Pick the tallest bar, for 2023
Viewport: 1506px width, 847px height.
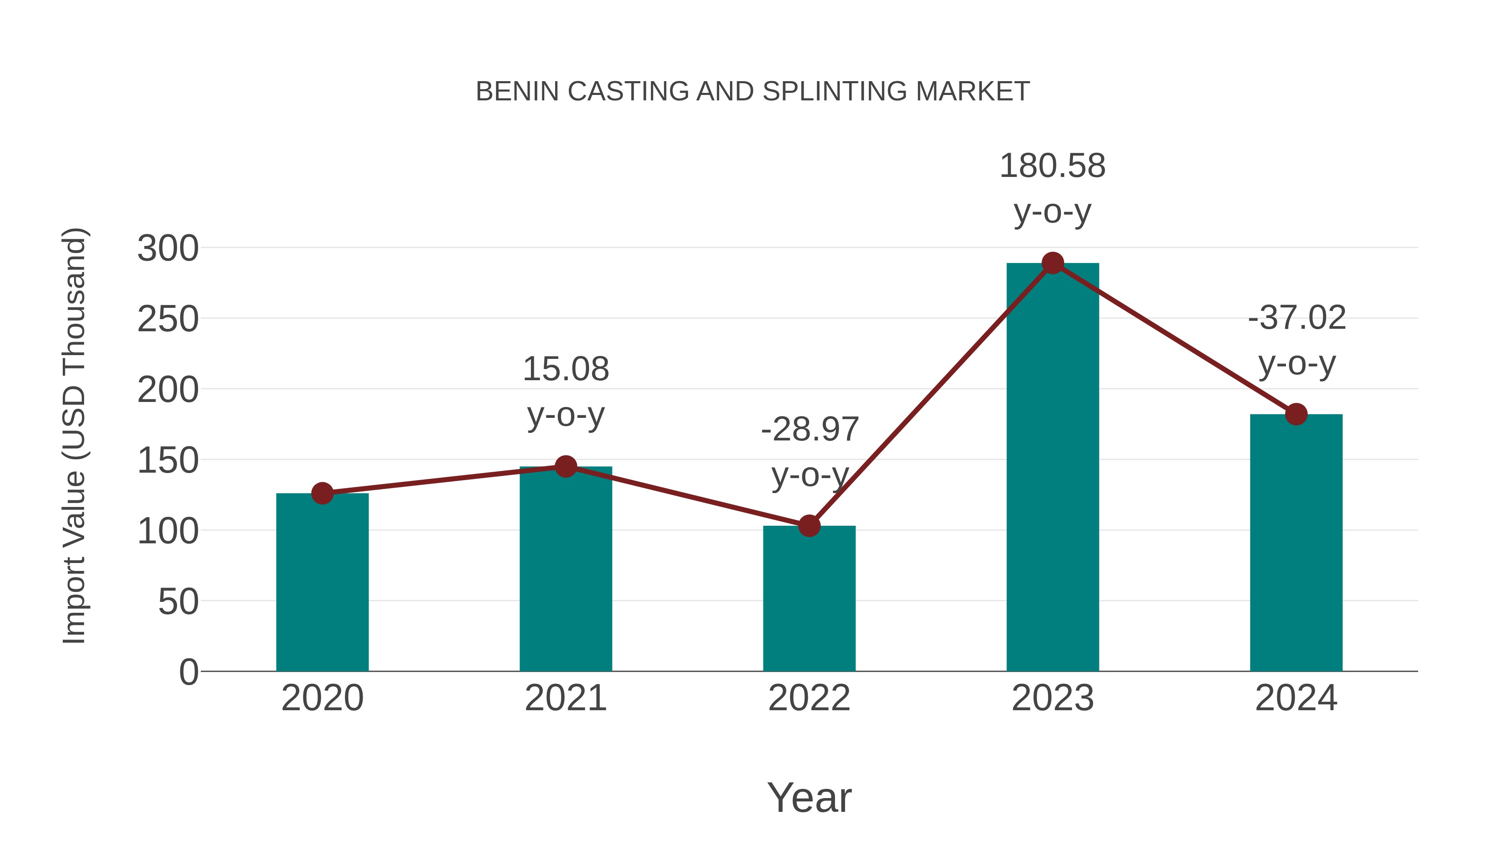(1053, 467)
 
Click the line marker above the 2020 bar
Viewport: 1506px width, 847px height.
(322, 494)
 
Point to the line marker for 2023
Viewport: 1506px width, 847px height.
(1053, 263)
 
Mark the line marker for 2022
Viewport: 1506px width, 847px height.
(809, 526)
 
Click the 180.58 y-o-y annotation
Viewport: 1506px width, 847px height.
(1053, 188)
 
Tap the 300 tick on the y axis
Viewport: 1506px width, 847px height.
(168, 248)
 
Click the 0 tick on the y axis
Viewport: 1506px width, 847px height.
(188, 672)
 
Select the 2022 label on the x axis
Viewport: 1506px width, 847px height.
(809, 698)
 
